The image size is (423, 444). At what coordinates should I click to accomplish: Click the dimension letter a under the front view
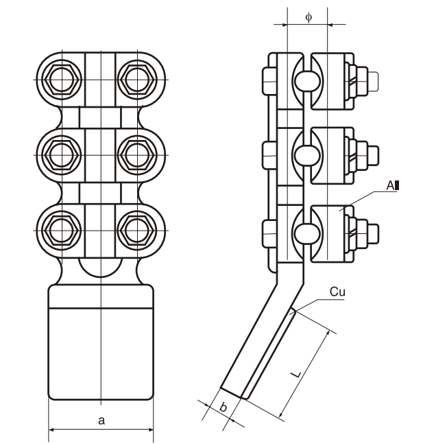[x=101, y=421]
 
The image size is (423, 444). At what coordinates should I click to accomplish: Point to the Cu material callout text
[x=337, y=292]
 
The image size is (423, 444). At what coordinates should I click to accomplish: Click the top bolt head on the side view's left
[x=268, y=80]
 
